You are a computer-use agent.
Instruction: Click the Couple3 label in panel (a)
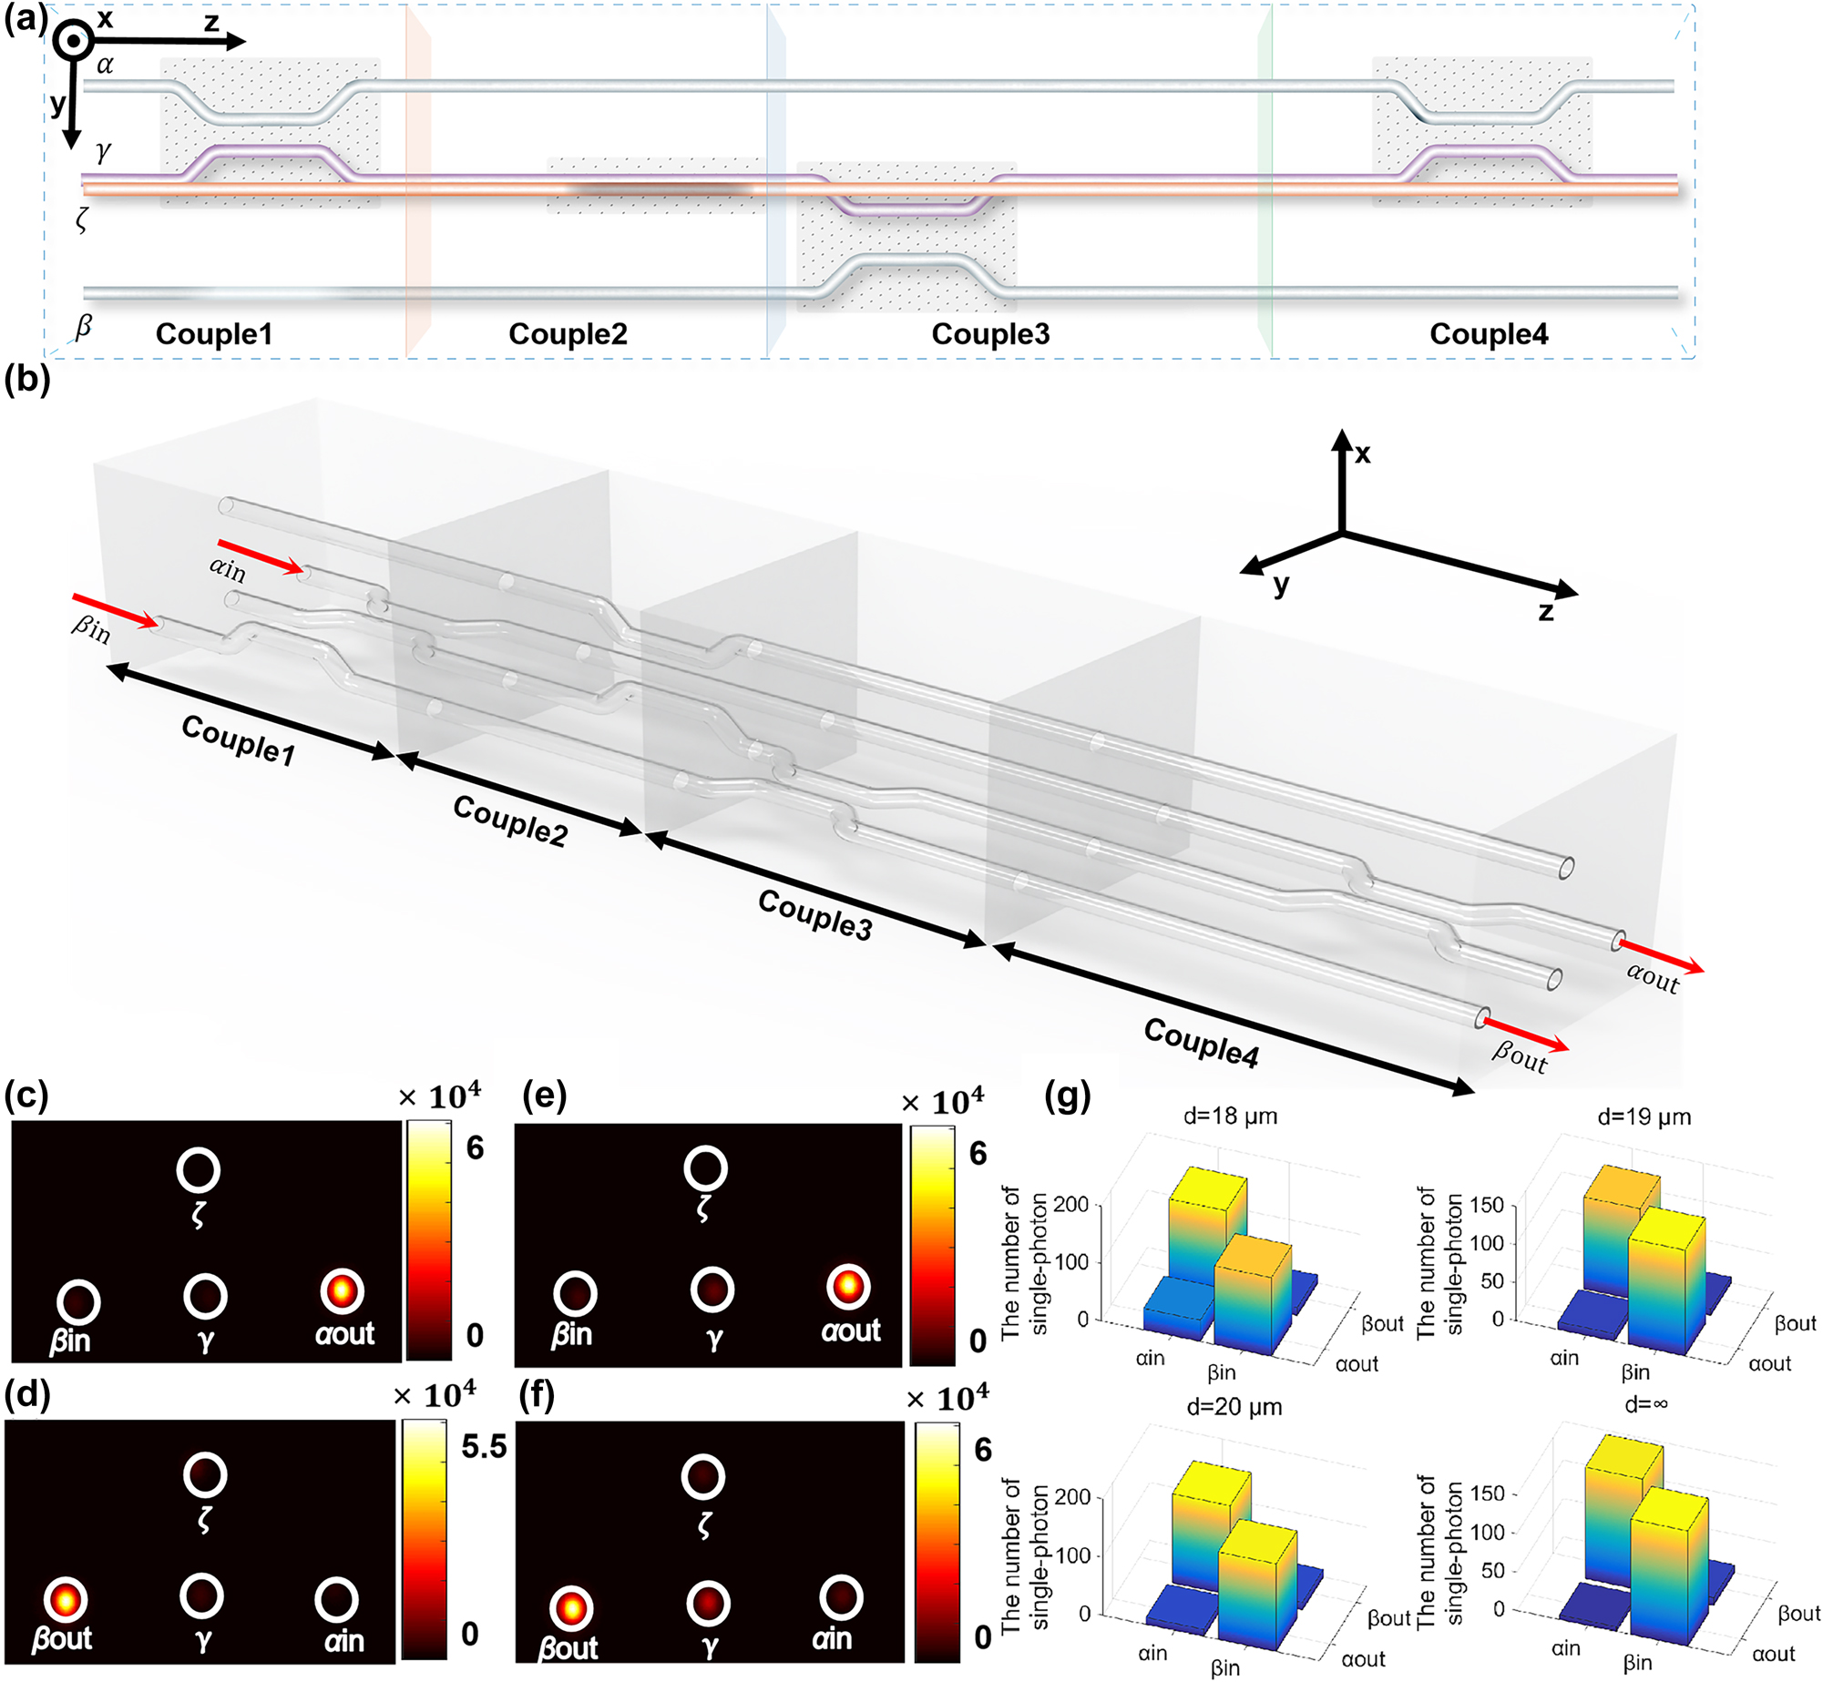[x=990, y=334]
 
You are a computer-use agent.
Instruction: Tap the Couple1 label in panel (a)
[x=214, y=334]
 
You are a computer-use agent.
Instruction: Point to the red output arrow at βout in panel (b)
[x=1526, y=1035]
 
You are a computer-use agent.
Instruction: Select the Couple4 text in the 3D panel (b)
[x=1201, y=1043]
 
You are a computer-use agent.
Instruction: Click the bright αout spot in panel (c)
[x=342, y=1290]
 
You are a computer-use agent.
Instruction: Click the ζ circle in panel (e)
[x=705, y=1168]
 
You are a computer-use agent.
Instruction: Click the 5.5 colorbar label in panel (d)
[x=483, y=1446]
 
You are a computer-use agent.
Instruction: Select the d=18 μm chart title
[x=1230, y=1116]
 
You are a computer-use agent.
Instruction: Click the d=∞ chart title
[x=1645, y=1404]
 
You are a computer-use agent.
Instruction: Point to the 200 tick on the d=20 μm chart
[x=1072, y=1497]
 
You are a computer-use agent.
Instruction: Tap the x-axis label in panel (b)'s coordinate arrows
[x=1362, y=454]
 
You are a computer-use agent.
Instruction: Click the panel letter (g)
[x=1067, y=1098]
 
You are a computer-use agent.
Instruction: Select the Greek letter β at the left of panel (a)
[x=84, y=325]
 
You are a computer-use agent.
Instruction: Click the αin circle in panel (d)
[x=336, y=1600]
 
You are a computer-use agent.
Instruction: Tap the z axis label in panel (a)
[x=211, y=21]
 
